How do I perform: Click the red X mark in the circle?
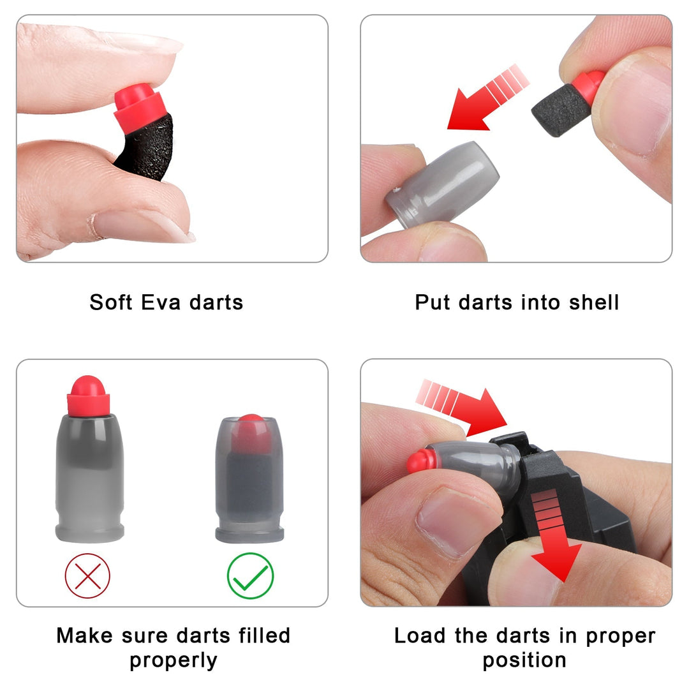click(x=87, y=576)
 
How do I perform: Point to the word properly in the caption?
click(x=173, y=660)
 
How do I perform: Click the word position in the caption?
click(x=524, y=660)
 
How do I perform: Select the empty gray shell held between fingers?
click(x=441, y=184)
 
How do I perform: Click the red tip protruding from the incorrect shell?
click(x=88, y=396)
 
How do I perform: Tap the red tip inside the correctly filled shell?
click(x=251, y=434)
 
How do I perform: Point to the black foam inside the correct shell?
click(x=249, y=486)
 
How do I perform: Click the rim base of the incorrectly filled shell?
click(x=90, y=531)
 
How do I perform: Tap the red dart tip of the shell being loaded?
click(x=420, y=461)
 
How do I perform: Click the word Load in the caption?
click(x=419, y=635)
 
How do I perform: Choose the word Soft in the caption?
click(x=111, y=302)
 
